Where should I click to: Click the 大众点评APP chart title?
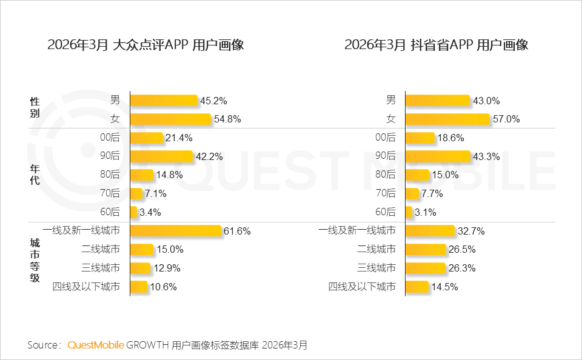tap(145, 45)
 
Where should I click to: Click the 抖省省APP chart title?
tap(436, 45)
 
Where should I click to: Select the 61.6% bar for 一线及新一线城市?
tap(176, 230)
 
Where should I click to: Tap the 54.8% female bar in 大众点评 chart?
tap(171, 119)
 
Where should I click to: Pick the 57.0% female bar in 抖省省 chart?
tap(447, 119)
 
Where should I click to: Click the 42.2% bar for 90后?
tap(161, 156)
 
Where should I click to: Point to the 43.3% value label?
tap(486, 156)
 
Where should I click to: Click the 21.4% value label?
tap(179, 138)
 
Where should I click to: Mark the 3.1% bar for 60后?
tap(409, 212)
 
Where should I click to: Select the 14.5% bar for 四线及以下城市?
tap(417, 287)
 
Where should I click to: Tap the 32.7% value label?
tap(471, 232)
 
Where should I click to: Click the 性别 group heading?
tap(35, 107)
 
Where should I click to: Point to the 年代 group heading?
tap(35, 175)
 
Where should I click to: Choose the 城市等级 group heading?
tap(35, 261)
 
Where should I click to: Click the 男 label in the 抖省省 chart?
tap(391, 100)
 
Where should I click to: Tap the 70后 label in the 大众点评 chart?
tap(110, 193)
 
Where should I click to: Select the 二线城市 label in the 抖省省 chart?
tap(376, 249)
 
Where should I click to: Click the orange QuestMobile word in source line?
tap(96, 345)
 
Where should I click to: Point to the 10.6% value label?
tap(163, 287)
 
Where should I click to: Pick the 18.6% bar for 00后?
tap(420, 138)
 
